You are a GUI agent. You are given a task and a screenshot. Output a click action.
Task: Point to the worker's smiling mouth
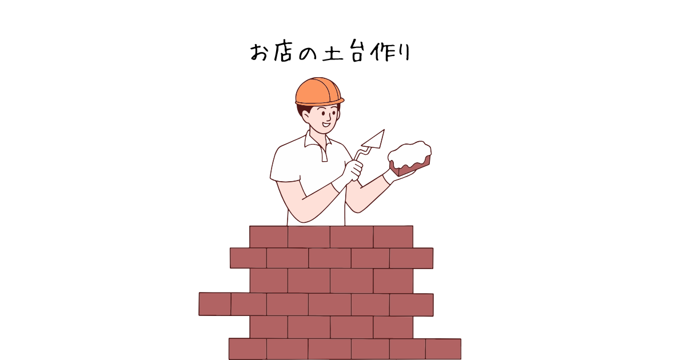tap(326, 125)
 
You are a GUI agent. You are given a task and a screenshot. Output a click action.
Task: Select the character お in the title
tap(259, 52)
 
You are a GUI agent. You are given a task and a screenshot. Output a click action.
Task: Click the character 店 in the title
tap(282, 51)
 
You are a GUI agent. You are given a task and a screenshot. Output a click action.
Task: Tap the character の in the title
tap(307, 53)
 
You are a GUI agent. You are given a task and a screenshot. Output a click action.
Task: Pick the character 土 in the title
tap(332, 52)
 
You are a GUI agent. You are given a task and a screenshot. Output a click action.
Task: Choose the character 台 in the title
tap(357, 50)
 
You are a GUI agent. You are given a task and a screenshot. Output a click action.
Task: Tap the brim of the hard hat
tap(320, 102)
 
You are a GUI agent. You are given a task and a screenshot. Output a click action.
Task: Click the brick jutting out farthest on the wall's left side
tap(215, 303)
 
